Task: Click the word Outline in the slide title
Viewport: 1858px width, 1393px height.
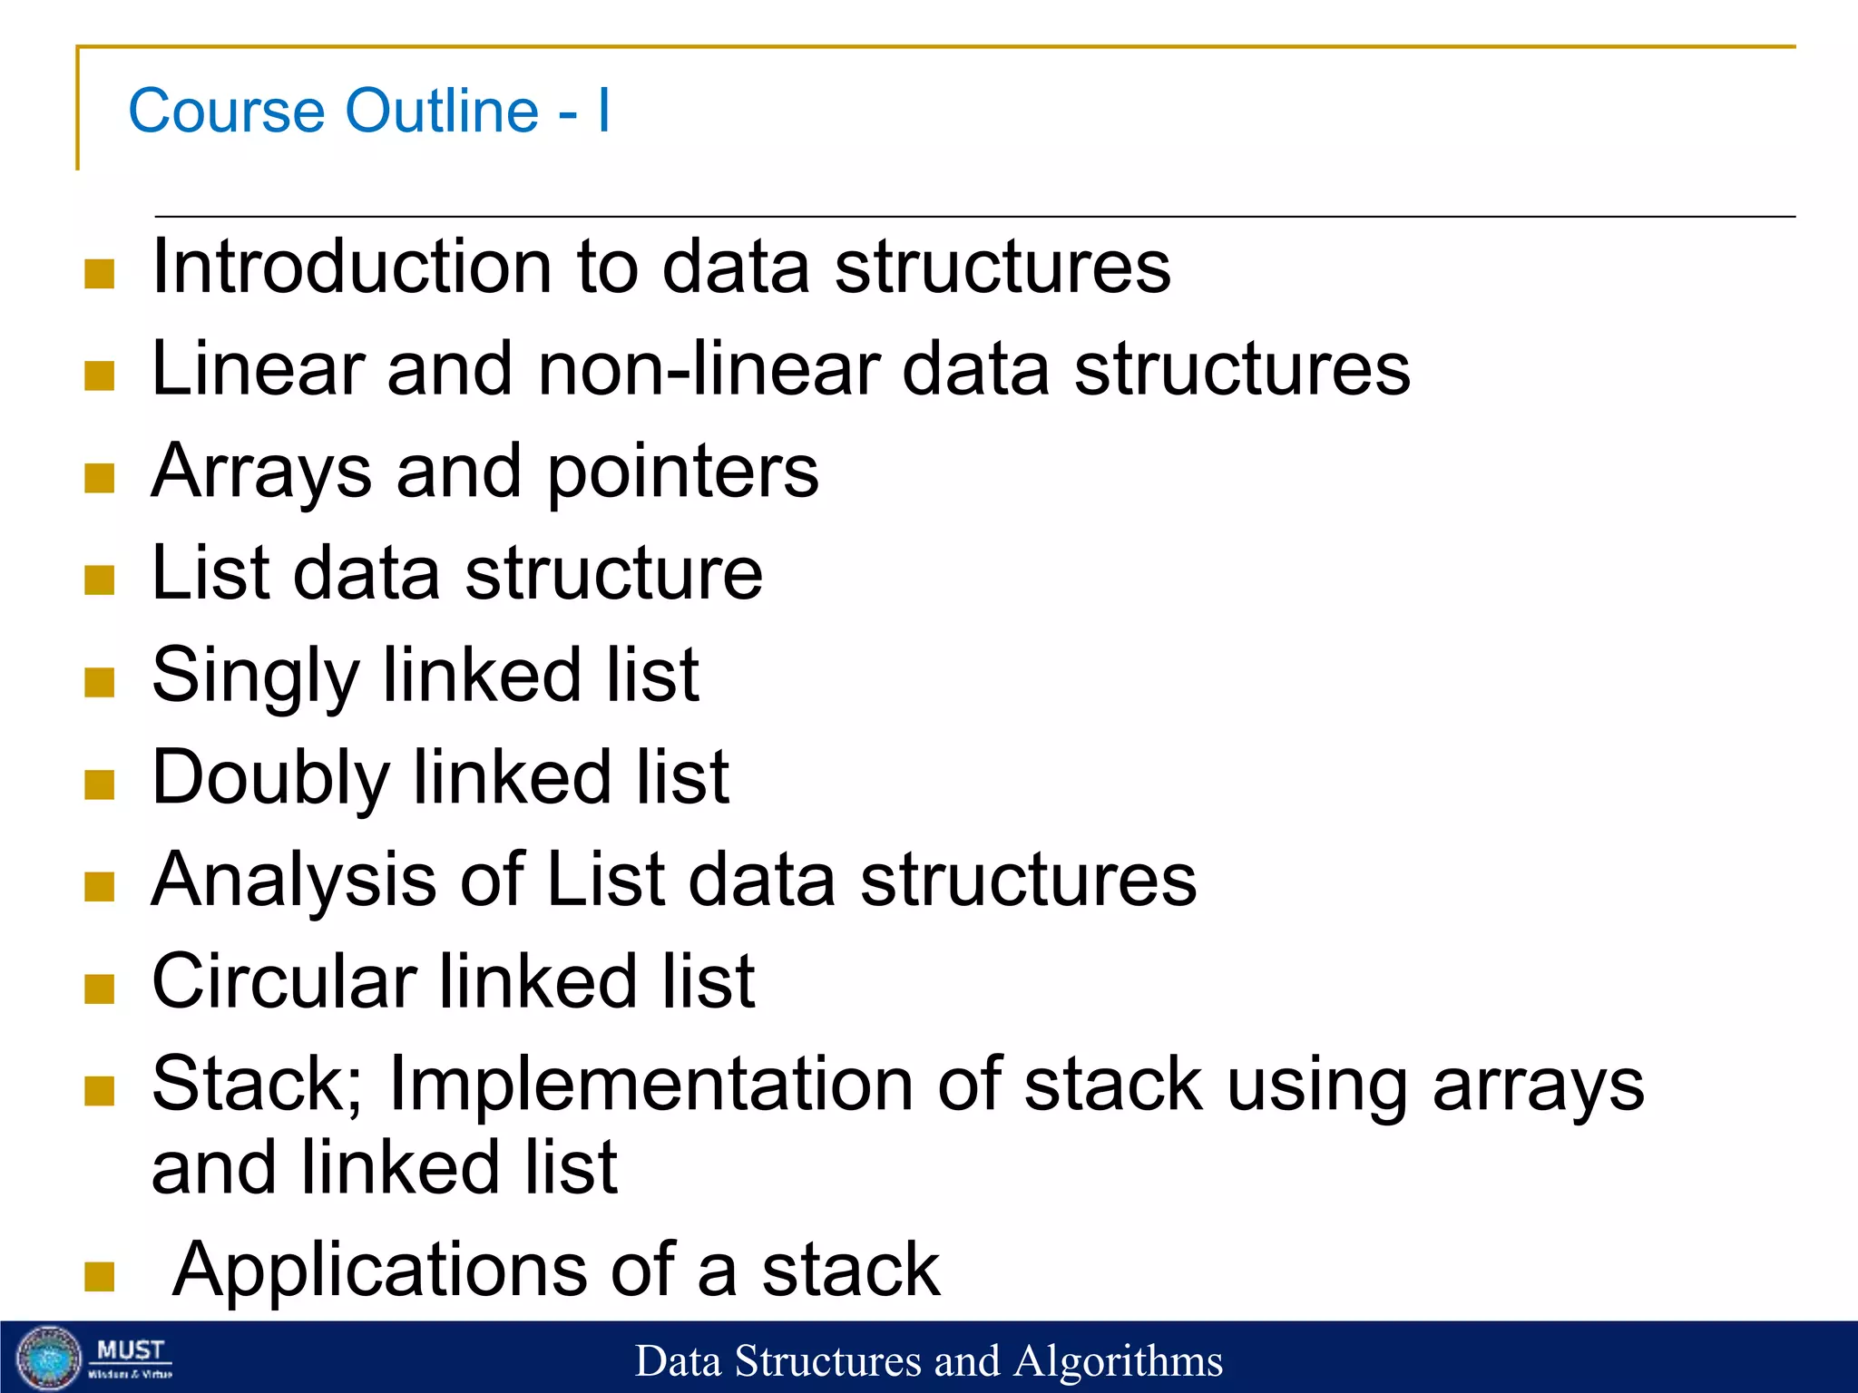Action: [x=442, y=111]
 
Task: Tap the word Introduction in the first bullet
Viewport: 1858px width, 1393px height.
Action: [x=351, y=267]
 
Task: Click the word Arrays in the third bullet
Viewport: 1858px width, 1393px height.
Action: [x=261, y=472]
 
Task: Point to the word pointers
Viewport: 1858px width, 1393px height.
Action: [x=682, y=472]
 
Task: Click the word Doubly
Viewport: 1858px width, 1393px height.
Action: [x=270, y=778]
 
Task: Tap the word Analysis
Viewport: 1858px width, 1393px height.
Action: [x=293, y=880]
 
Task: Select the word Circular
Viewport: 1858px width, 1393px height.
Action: [x=284, y=982]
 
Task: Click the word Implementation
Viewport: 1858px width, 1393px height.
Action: [x=650, y=1085]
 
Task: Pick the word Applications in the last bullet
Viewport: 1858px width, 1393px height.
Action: [x=378, y=1270]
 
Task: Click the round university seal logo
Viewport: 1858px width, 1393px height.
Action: [x=50, y=1358]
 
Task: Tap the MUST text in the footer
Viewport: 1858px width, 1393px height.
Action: [x=131, y=1350]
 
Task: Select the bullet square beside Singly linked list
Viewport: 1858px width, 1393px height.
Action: [x=100, y=682]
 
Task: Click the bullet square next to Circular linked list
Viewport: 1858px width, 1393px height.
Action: [x=100, y=989]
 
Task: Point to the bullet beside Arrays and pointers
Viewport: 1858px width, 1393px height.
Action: [x=100, y=478]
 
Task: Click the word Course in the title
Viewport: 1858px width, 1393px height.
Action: [x=226, y=111]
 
